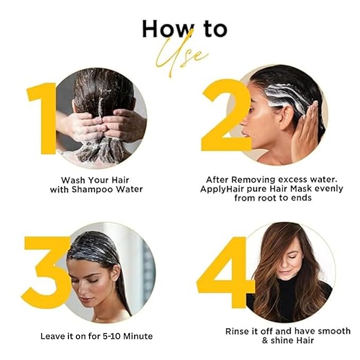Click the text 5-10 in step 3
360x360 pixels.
point(112,336)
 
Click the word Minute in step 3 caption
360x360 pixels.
point(138,336)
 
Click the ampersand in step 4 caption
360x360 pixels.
point(265,340)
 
